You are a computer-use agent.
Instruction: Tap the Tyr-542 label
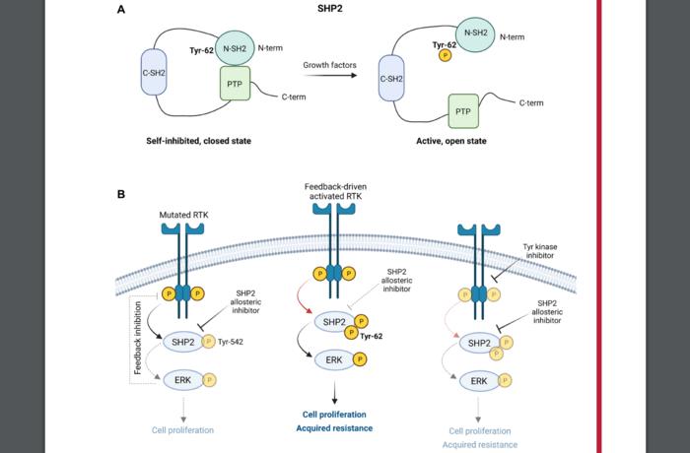tap(250, 341)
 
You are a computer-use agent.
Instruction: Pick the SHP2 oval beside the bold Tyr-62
tap(332, 320)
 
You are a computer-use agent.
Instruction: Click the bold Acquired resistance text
tap(336, 428)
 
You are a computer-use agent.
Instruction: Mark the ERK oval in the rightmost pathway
tap(479, 380)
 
